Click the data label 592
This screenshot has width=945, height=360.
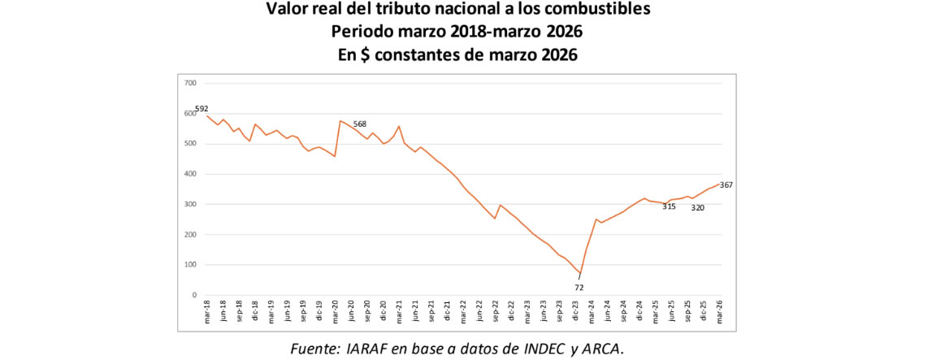(x=202, y=108)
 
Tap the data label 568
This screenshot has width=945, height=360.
(x=360, y=124)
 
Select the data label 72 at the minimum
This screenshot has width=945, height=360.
(x=579, y=287)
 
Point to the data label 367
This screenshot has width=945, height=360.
(x=726, y=185)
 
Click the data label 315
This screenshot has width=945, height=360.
(x=669, y=206)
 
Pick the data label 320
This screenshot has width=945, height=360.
(x=697, y=207)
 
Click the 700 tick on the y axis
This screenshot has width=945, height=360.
(x=191, y=83)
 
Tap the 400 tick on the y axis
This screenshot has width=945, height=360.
(x=191, y=174)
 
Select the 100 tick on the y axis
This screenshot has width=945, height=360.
(x=191, y=265)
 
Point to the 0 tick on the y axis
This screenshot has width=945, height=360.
(x=195, y=295)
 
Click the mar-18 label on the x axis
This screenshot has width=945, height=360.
(x=207, y=312)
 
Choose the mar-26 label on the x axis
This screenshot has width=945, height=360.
(x=719, y=312)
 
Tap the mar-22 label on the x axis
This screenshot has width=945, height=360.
(x=463, y=312)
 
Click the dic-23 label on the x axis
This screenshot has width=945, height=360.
(x=574, y=312)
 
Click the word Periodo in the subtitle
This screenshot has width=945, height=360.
(x=361, y=33)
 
